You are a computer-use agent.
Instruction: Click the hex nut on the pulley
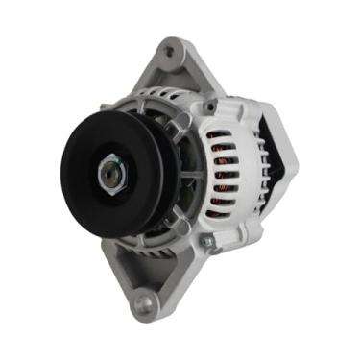[x=109, y=175]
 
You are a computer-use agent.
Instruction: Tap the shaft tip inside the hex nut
[x=108, y=175]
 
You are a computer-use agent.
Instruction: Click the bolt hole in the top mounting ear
[x=173, y=46]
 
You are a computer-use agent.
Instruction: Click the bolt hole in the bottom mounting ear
[x=143, y=306]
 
